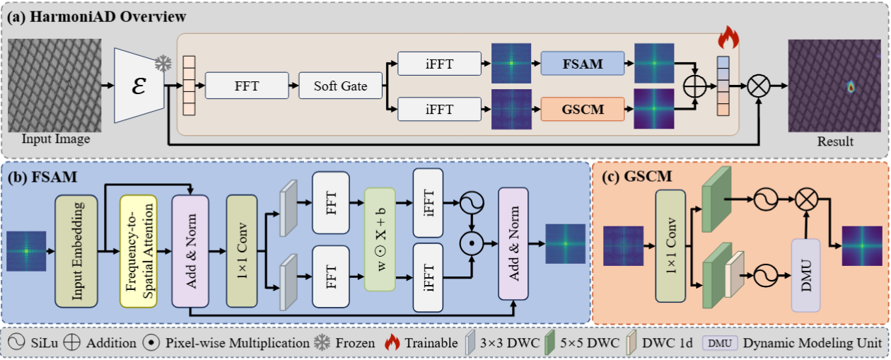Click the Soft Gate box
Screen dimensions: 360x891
341,86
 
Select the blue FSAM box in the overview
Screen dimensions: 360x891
582,64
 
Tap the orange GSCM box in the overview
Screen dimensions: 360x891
582,109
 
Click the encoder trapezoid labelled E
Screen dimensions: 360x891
139,86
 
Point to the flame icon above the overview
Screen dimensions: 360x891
728,37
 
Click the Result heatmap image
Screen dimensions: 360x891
834,86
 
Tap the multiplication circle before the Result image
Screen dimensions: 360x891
759,86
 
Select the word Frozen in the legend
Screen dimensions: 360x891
355,344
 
